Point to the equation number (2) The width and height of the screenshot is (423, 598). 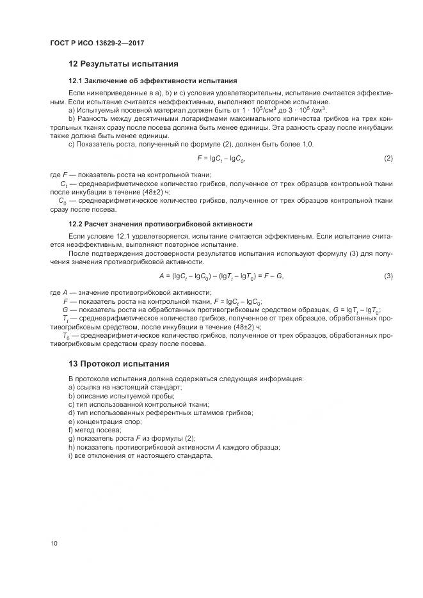tap(388, 158)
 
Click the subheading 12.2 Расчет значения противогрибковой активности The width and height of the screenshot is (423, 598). tap(161, 224)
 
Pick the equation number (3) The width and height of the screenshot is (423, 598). tap(388, 276)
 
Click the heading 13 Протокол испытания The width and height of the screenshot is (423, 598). tap(118, 363)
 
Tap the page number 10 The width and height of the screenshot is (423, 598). tap(54, 544)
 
